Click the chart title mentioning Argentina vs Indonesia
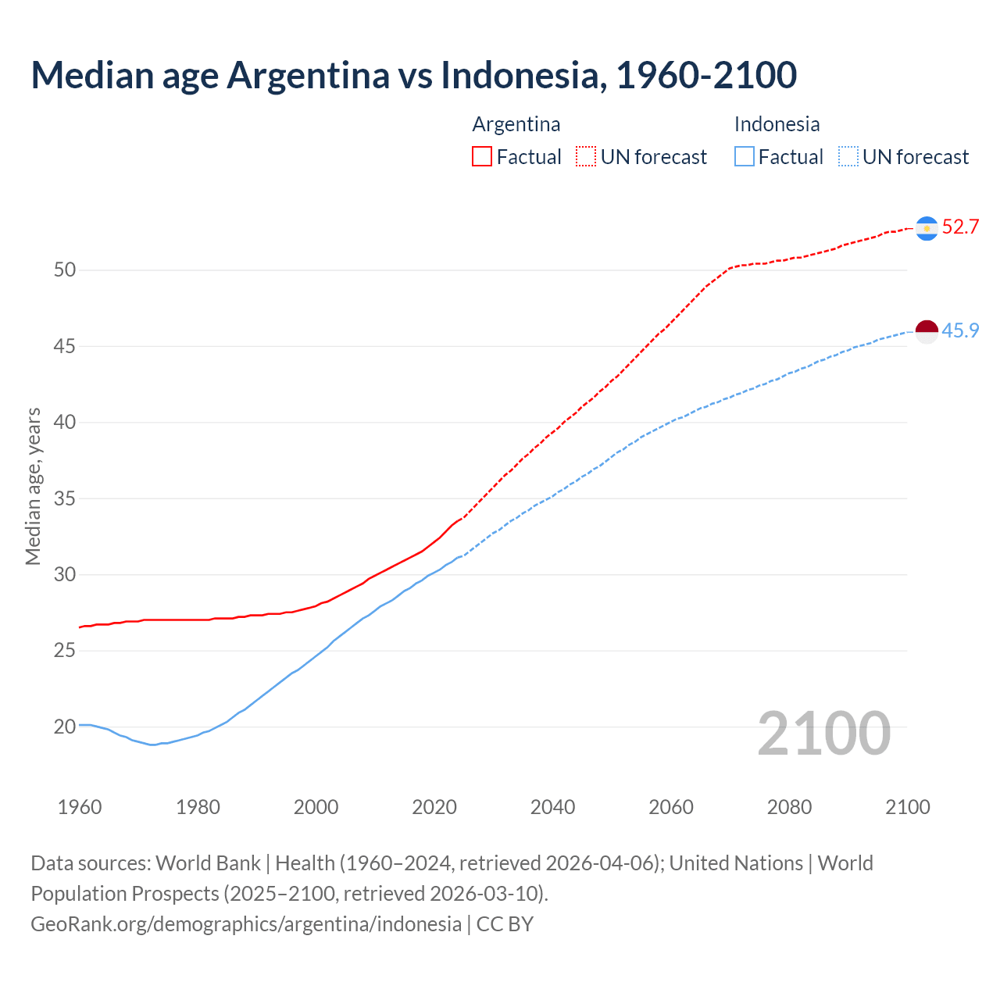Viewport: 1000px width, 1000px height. point(413,75)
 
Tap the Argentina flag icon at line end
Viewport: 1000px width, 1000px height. point(927,228)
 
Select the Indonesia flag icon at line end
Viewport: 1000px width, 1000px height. point(927,331)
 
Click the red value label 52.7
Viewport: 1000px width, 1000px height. point(960,227)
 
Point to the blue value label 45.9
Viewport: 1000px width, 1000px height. point(960,330)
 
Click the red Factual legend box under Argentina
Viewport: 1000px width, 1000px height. point(482,157)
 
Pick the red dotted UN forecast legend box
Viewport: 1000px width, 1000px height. point(586,157)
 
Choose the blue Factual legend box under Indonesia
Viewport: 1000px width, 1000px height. point(745,157)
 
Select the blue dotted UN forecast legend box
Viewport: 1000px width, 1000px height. point(848,157)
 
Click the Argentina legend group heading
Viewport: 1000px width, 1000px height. point(516,124)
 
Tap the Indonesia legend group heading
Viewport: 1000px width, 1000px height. point(777,124)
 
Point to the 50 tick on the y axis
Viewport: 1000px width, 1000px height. point(65,270)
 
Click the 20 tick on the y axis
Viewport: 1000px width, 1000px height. point(65,727)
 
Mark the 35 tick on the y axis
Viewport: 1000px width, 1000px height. point(65,498)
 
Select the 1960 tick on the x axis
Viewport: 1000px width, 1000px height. point(80,807)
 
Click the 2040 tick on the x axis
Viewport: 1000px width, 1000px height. point(552,807)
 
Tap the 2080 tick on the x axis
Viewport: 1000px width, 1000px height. point(789,807)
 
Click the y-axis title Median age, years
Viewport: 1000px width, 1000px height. point(33,486)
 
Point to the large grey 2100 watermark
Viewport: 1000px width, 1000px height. point(823,734)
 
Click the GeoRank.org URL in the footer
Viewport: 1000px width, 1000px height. point(246,924)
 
